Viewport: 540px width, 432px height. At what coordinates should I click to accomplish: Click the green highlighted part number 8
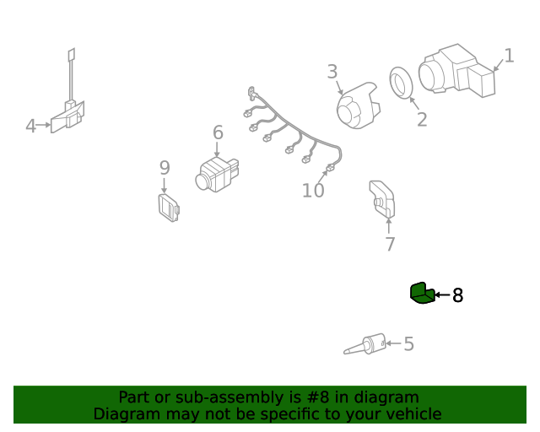tap(422, 293)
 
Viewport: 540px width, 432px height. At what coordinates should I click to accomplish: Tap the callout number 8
tap(457, 295)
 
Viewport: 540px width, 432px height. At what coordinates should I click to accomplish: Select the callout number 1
tap(509, 56)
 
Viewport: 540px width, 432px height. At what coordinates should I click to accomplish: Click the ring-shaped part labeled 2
tap(402, 83)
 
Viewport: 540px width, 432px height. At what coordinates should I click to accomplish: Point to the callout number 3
tap(332, 72)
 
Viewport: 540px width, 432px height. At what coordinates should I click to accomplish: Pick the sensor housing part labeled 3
tap(358, 105)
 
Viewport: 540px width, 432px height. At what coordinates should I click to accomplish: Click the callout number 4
tap(30, 126)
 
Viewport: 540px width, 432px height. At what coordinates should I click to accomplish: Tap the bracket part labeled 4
tap(68, 116)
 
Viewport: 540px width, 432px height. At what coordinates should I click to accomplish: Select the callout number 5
tap(408, 343)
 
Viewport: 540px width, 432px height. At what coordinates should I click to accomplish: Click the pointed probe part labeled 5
tap(365, 344)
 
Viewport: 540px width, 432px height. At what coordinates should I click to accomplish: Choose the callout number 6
tap(218, 132)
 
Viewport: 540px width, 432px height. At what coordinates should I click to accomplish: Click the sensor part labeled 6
tap(217, 175)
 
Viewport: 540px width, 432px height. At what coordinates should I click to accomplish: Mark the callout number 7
tap(390, 244)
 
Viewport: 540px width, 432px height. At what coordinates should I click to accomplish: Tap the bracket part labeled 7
tap(382, 199)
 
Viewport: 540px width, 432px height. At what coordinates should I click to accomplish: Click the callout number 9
tap(165, 167)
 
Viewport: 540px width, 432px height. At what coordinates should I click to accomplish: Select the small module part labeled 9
tap(169, 208)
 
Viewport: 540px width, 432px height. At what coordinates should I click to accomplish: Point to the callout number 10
tap(313, 190)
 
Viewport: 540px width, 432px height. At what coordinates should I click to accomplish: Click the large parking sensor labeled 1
tap(456, 71)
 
